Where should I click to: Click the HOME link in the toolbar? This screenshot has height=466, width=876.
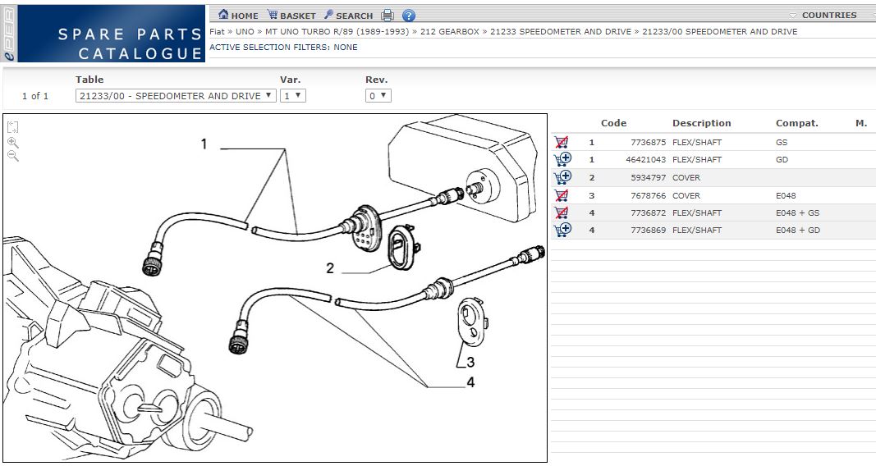[x=239, y=15]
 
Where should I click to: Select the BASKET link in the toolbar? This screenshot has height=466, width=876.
[x=291, y=15]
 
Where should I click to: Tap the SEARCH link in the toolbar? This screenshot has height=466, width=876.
[x=348, y=15]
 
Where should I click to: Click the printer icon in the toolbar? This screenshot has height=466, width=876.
[x=388, y=15]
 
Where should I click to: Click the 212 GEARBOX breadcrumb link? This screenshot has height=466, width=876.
[x=450, y=32]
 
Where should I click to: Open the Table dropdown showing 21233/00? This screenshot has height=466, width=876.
[x=176, y=95]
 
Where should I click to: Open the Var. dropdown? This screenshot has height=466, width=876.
[x=293, y=95]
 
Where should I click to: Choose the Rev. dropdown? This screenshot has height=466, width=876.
[x=378, y=95]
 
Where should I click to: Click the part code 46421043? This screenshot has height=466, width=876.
[x=646, y=160]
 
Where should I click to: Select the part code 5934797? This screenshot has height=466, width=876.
[x=648, y=178]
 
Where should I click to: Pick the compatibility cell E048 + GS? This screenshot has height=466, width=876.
[x=798, y=212]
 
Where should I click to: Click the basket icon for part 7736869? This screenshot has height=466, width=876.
[x=562, y=230]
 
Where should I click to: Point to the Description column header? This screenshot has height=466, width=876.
[x=702, y=123]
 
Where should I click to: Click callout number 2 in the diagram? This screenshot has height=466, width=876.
[x=330, y=268]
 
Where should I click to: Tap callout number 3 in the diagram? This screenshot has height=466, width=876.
[x=470, y=362]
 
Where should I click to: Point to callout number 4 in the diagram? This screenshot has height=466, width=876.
[x=471, y=382]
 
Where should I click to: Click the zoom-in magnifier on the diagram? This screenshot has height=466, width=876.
[x=13, y=142]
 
